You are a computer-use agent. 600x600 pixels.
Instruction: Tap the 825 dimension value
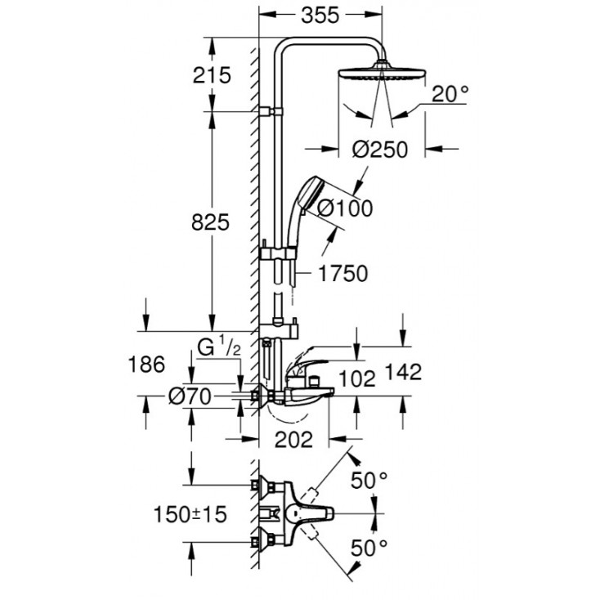[209, 222]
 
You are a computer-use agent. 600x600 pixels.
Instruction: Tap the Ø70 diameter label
[190, 397]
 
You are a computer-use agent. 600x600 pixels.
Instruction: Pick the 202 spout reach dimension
[294, 440]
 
